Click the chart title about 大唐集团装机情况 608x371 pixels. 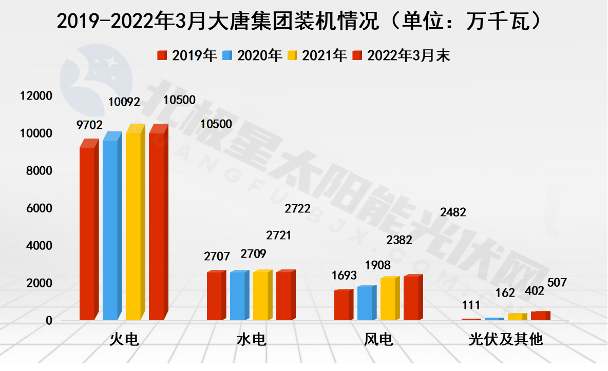(299, 22)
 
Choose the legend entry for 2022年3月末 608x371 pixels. (401, 55)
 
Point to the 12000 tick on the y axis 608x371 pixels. (35, 96)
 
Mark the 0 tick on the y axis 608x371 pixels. (49, 321)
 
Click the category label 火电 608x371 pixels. (124, 340)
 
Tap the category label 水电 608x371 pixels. (252, 340)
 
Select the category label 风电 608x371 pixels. (378, 340)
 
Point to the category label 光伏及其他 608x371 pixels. (506, 340)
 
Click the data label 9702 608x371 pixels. (90, 125)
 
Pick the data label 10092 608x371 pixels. (124, 102)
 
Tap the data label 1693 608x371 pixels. (344, 276)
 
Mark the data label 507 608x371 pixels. (557, 283)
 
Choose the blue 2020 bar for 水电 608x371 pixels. (237, 296)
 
